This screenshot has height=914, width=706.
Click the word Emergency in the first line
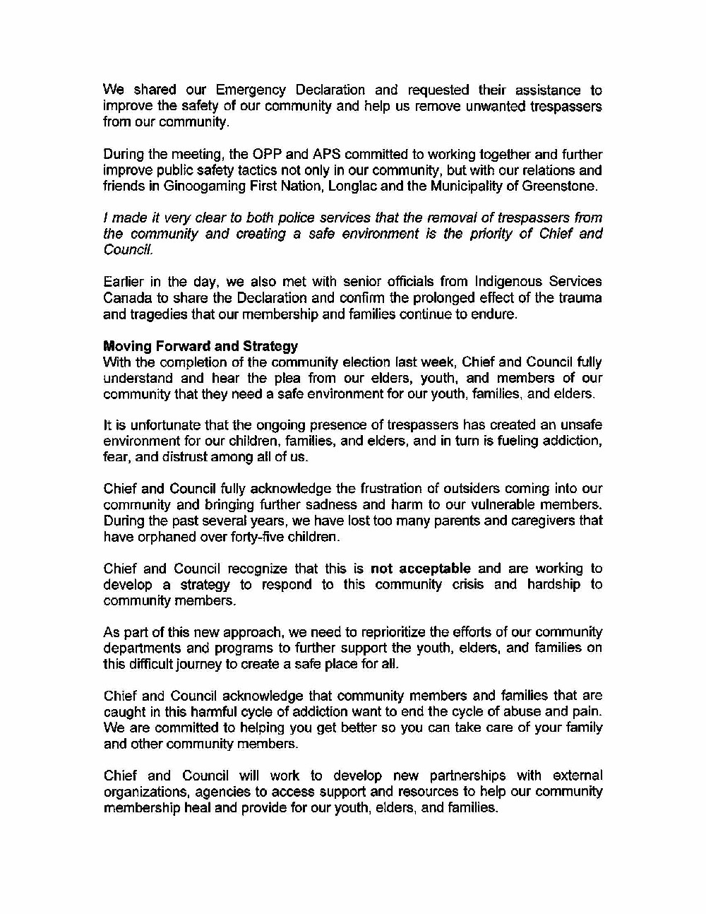tap(251, 90)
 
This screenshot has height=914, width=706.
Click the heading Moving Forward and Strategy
tap(201, 346)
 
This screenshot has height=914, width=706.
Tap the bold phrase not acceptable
tap(420, 569)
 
